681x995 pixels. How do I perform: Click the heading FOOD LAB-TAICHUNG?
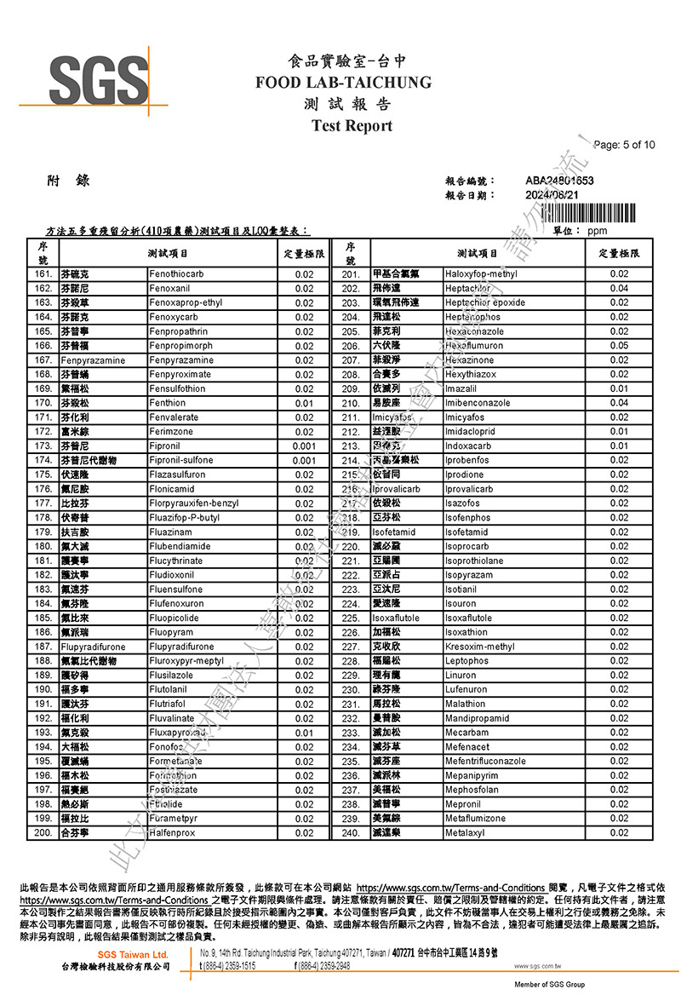[x=343, y=83]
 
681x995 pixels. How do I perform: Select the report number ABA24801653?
[x=559, y=181]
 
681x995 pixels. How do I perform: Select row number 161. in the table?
[x=43, y=274]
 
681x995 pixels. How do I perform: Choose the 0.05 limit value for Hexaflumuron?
[x=618, y=346]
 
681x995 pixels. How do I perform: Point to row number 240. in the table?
[x=350, y=832]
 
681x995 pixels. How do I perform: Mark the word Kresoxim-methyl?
[x=479, y=647]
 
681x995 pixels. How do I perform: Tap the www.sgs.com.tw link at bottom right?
[x=536, y=966]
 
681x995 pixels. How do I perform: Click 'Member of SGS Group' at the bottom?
[x=549, y=985]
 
